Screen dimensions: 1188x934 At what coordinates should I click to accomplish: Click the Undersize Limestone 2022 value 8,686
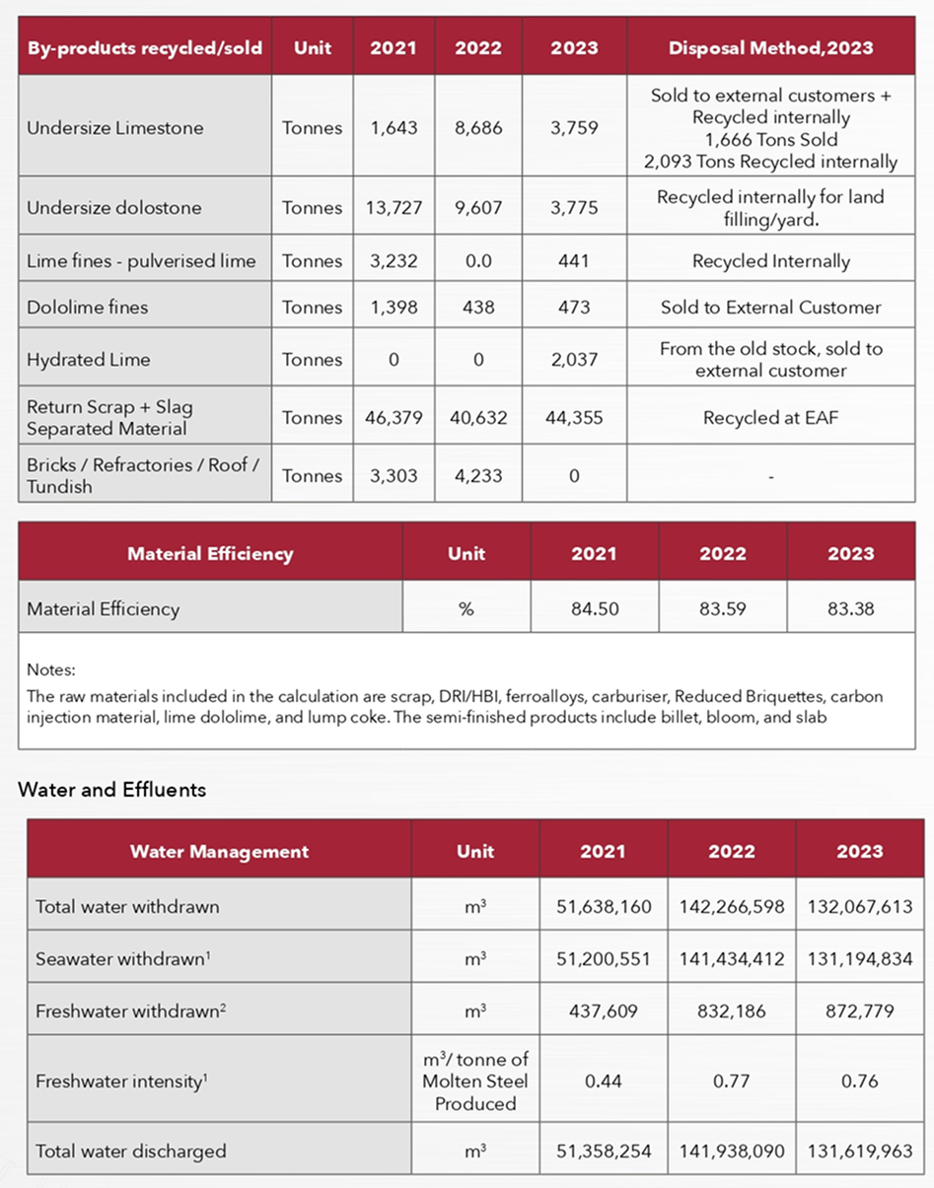click(478, 128)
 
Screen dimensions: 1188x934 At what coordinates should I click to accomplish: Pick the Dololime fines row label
click(88, 308)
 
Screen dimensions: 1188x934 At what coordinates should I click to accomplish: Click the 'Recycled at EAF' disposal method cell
click(770, 418)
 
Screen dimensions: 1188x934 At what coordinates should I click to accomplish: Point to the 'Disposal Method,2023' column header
click(770, 48)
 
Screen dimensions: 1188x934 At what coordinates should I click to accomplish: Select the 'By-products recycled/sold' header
click(145, 48)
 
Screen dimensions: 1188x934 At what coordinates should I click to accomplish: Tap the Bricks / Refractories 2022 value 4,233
click(478, 476)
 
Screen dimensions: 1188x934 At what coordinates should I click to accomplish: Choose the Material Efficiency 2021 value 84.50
click(595, 609)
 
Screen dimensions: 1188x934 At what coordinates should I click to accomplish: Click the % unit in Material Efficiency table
click(467, 609)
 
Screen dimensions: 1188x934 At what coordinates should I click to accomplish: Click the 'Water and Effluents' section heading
click(112, 790)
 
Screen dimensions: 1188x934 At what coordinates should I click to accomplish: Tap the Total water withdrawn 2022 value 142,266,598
click(732, 906)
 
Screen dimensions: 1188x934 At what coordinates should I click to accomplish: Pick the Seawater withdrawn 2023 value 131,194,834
click(859, 957)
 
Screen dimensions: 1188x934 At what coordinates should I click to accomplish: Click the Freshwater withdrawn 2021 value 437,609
click(603, 1009)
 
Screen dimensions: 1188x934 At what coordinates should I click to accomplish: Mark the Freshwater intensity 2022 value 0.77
click(732, 1082)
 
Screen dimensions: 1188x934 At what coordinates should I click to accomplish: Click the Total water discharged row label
click(131, 1151)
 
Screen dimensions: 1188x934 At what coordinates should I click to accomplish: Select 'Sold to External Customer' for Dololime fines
click(770, 308)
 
